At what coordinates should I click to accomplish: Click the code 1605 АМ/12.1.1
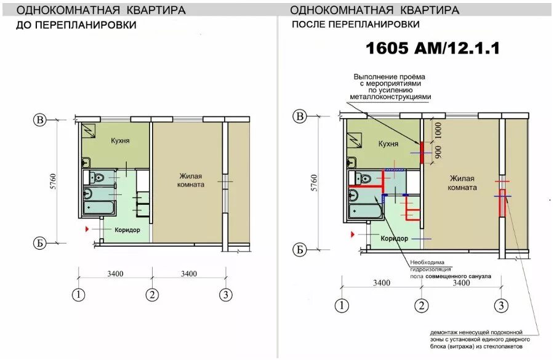point(433,48)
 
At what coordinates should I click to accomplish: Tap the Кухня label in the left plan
point(120,140)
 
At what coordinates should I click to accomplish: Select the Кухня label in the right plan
point(388,144)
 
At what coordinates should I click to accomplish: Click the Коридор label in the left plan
point(127,230)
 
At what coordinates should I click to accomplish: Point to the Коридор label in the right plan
point(395,239)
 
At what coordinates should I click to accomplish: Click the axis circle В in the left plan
point(40,120)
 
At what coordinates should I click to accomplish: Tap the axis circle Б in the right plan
point(299,250)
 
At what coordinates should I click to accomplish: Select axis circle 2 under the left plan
point(152,295)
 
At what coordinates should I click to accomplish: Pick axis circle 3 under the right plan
point(501,306)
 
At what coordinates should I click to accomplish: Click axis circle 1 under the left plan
point(78,295)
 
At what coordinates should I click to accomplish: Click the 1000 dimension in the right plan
point(438,130)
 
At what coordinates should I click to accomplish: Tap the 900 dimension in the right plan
point(438,152)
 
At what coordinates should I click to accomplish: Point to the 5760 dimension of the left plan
point(53,182)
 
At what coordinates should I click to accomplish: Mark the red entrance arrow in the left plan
point(87,230)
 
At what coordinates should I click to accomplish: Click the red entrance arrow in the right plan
point(352,234)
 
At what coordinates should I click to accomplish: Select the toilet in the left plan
point(96,177)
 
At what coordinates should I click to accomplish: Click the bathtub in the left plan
point(99,207)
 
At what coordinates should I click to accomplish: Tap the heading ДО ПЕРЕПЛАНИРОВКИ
point(76,25)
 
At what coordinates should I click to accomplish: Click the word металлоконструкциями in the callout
point(390,97)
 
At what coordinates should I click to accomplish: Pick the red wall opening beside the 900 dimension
point(422,153)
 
